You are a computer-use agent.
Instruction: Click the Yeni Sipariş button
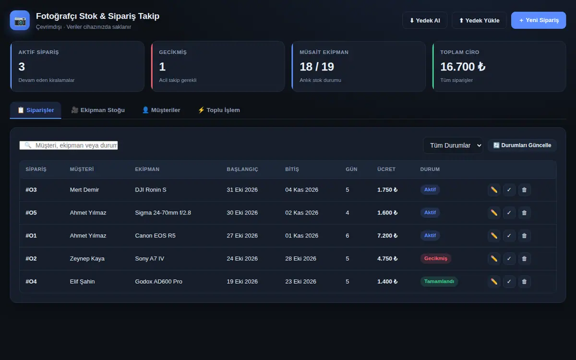point(539,20)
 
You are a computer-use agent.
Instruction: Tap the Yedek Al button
point(424,20)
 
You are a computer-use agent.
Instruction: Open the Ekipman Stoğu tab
point(98,110)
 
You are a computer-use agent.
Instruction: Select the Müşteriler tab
point(161,110)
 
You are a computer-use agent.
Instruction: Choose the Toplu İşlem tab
point(219,110)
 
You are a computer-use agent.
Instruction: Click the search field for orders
point(69,145)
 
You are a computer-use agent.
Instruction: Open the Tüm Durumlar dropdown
point(453,145)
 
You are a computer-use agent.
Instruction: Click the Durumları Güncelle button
point(522,145)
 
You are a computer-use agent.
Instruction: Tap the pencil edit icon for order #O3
point(494,190)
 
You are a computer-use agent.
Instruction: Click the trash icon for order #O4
point(524,282)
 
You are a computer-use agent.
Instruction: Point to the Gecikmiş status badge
point(436,258)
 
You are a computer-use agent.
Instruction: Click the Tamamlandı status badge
point(439,281)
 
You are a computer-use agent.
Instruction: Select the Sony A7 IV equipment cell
point(149,258)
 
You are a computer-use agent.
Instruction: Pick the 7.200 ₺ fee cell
point(387,236)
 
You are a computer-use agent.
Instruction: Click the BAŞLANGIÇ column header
point(242,169)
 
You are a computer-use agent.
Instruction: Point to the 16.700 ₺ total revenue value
point(463,67)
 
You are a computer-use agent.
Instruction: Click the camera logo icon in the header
point(20,20)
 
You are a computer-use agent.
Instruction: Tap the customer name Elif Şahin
point(82,282)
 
